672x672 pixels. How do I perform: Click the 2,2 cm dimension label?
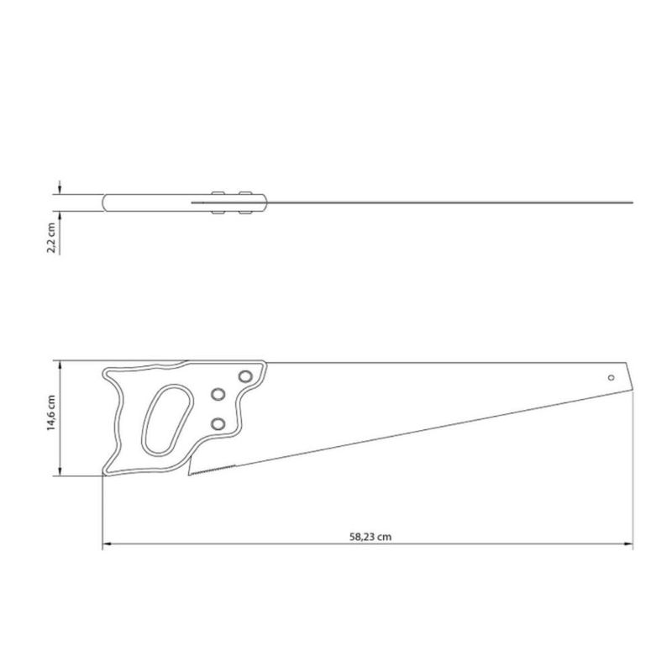51,238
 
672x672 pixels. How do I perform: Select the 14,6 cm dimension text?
51,412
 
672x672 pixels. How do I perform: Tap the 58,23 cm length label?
370,537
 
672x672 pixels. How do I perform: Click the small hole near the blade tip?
612,377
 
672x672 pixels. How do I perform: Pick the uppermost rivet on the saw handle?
245,376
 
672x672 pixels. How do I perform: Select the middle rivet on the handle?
218,394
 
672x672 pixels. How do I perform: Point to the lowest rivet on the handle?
218,424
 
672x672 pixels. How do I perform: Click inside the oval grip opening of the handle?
167,418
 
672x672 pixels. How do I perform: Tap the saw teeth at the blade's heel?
212,470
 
